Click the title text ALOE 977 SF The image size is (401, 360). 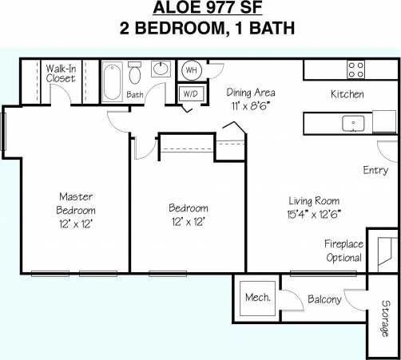(200, 10)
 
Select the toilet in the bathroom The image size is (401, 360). (135, 77)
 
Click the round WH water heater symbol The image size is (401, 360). (192, 70)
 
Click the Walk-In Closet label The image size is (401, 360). (61, 73)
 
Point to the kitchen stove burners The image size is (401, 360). (355, 69)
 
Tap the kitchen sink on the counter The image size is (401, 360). (352, 123)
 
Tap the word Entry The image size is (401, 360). (375, 170)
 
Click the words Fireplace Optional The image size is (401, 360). (344, 251)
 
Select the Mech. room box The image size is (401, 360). (257, 299)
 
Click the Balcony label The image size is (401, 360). (324, 299)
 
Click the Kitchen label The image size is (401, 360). (347, 94)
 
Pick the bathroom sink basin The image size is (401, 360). (161, 69)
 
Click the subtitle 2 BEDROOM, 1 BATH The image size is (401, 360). (200, 30)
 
